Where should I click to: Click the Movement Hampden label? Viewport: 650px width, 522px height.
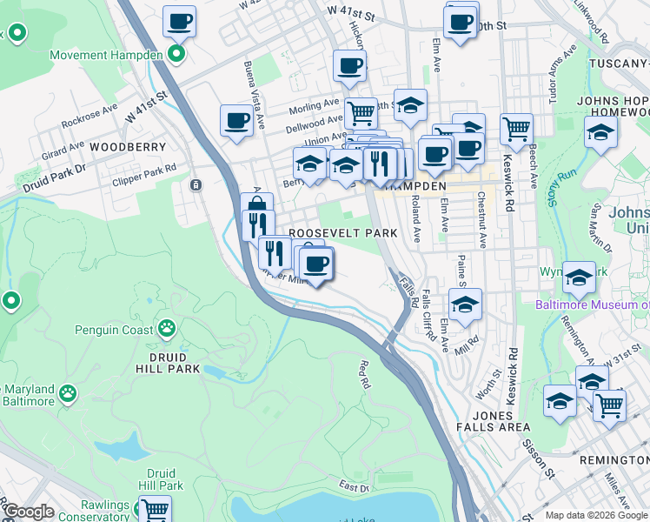tap(106, 55)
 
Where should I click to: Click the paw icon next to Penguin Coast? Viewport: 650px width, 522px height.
tap(165, 329)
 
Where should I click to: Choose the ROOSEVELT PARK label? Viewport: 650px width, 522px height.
tap(342, 233)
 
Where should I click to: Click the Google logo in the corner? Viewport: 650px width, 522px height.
tap(28, 512)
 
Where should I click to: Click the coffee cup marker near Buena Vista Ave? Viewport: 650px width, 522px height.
tap(236, 121)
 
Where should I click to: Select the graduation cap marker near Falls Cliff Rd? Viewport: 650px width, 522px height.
tap(466, 304)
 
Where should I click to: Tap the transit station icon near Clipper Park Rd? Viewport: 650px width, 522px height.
tap(196, 184)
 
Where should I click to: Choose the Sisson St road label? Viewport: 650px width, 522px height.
tap(539, 457)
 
